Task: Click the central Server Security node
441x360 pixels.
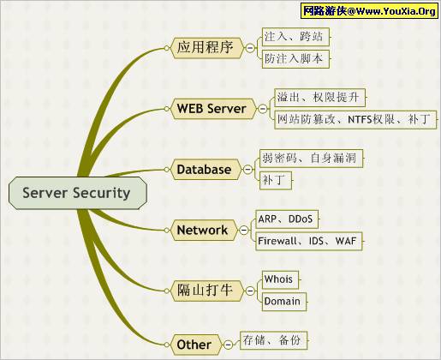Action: pos(78,193)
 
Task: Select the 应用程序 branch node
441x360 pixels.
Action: pos(207,48)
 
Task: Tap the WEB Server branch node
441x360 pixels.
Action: pos(213,109)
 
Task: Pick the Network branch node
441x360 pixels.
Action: pos(204,230)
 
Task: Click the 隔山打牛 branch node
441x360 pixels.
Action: pos(207,291)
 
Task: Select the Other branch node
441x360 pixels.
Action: pos(196,345)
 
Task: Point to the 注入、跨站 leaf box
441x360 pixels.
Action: pos(295,37)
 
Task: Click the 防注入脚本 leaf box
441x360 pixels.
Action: pos(295,59)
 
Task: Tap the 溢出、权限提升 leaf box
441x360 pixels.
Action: pos(319,98)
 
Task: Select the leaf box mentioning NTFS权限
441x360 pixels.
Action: pos(355,119)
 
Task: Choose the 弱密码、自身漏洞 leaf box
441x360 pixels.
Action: pos(311,159)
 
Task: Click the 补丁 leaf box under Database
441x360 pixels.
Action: pos(276,180)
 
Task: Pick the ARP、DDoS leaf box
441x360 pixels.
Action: pos(287,219)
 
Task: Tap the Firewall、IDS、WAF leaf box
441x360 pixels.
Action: pos(309,241)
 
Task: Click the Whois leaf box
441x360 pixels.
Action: pos(280,279)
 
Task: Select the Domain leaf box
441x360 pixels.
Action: pos(284,302)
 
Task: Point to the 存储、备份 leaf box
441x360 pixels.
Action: pos(273,340)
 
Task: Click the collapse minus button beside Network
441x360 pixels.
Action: pos(244,230)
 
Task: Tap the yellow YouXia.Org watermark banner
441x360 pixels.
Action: pos(369,11)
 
